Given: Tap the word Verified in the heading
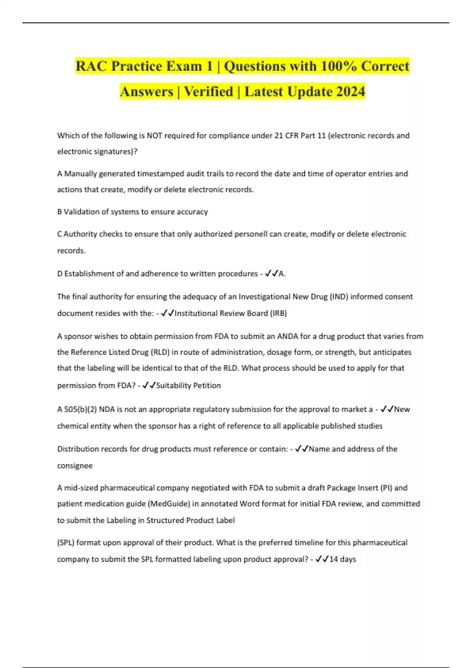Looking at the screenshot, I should [208, 92].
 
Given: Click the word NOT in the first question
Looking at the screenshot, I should [154, 136].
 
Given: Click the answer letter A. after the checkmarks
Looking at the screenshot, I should [282, 273].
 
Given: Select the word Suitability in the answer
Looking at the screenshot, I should [173, 385].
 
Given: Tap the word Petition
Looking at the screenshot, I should [207, 385].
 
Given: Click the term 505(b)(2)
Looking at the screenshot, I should [80, 409].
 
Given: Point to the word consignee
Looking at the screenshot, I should [75, 466].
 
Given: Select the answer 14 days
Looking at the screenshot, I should [342, 559].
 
